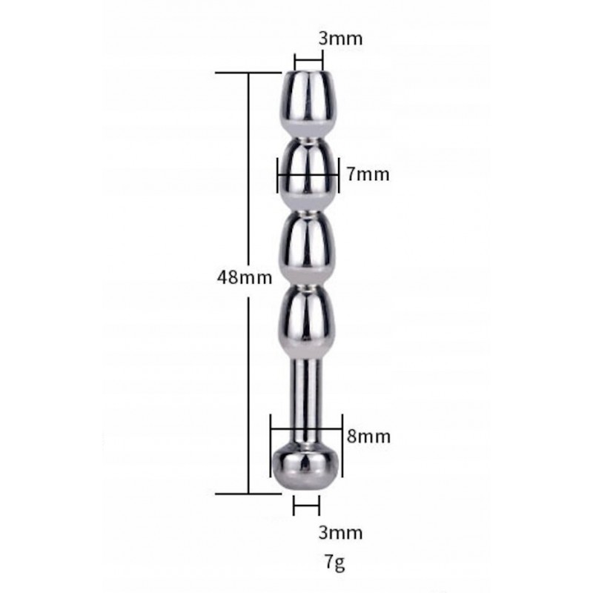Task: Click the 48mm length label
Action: point(245,277)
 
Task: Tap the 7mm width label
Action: point(368,174)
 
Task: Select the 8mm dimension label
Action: point(368,437)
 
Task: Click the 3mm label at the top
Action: point(340,39)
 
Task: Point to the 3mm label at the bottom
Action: point(340,532)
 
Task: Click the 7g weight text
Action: point(335,563)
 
